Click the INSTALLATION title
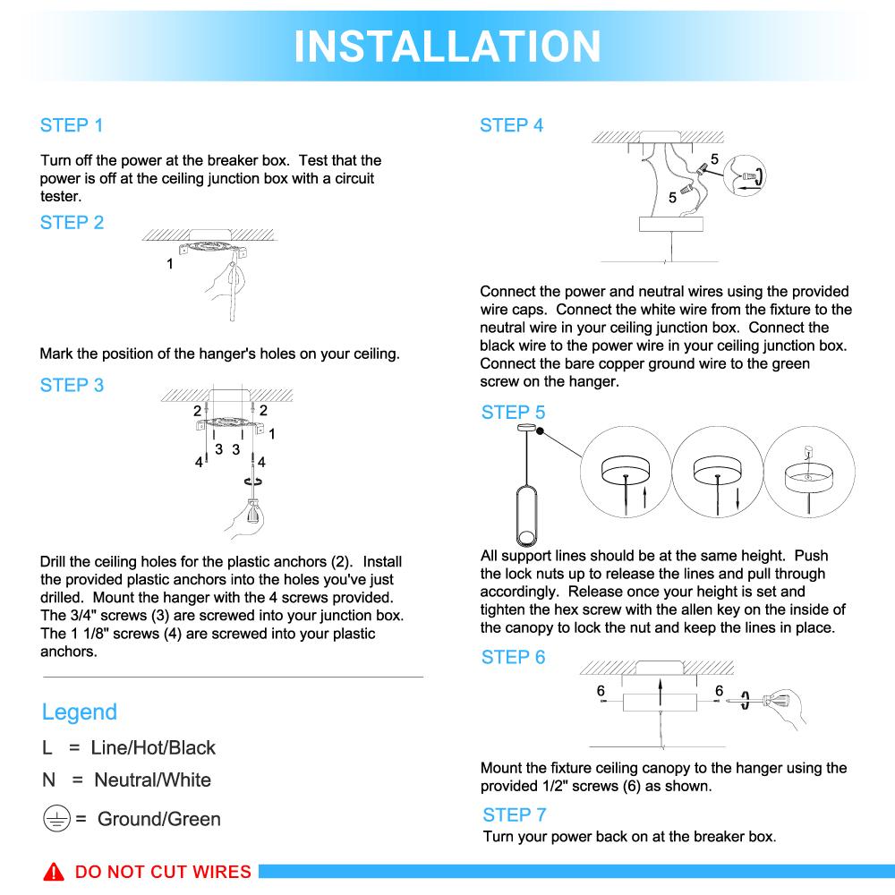pos(447,45)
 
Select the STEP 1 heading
pos(72,125)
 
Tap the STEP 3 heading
pos(72,386)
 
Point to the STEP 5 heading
pos(513,413)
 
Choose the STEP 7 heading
pos(514,814)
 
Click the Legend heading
pos(80,712)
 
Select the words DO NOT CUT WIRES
pos(163,873)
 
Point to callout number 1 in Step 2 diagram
pos(170,264)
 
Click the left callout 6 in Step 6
pos(601,690)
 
